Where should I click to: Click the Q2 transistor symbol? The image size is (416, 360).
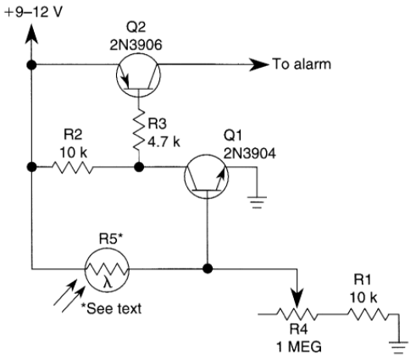click(x=138, y=75)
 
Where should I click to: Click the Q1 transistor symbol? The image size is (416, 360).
click(x=207, y=176)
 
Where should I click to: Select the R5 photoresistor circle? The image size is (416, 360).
click(x=107, y=269)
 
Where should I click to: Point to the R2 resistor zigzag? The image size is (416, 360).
click(x=72, y=167)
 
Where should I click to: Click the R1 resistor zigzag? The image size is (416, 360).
click(x=368, y=314)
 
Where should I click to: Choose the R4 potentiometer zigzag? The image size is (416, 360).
click(x=297, y=314)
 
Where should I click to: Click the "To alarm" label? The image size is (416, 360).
click(x=302, y=64)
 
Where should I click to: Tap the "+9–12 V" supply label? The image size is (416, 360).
click(x=34, y=13)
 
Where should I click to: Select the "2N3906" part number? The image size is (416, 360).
click(x=136, y=45)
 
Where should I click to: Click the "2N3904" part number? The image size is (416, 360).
click(x=250, y=154)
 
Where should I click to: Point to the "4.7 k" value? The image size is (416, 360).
click(x=164, y=141)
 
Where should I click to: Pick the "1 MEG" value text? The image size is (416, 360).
click(x=299, y=346)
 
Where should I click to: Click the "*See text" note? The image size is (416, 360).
click(x=111, y=308)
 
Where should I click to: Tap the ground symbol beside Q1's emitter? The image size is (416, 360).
click(x=257, y=202)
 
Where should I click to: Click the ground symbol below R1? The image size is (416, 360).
click(x=398, y=347)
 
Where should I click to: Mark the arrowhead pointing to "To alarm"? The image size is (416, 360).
click(x=259, y=64)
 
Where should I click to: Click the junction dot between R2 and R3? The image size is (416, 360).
click(x=139, y=167)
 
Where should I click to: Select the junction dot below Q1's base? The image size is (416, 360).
click(x=208, y=269)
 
